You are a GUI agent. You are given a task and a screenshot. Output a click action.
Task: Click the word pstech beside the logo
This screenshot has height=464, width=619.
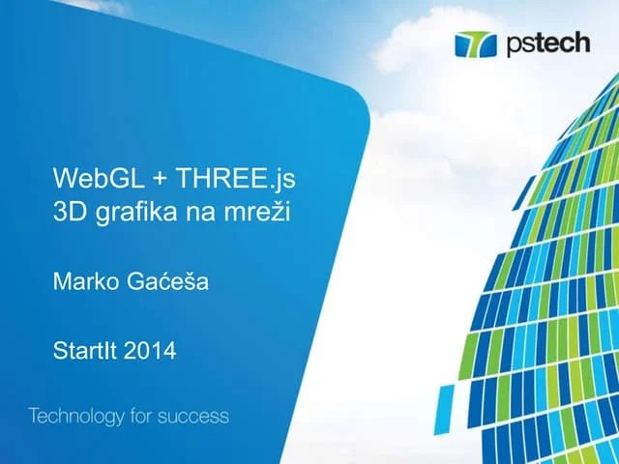(545, 44)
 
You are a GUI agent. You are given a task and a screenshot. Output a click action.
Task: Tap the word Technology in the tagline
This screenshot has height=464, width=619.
(78, 418)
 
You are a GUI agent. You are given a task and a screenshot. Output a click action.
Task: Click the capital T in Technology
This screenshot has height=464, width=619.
(35, 417)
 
